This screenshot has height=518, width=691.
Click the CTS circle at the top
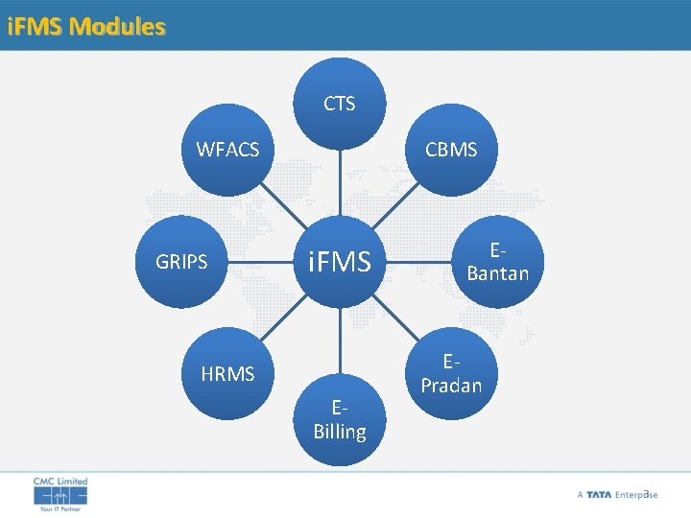click(x=339, y=104)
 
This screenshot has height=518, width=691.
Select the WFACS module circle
click(x=227, y=150)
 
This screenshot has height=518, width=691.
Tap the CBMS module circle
click(x=451, y=150)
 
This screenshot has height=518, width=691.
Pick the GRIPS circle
click(x=181, y=261)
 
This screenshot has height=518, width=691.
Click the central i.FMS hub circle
click(x=339, y=261)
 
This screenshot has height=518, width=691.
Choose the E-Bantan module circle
click(x=497, y=261)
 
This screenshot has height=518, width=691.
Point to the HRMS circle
click(x=227, y=373)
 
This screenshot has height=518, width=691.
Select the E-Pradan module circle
click(x=451, y=373)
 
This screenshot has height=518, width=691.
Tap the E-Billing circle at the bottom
click(x=339, y=419)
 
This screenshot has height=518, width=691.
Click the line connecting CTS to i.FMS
click(x=339, y=182)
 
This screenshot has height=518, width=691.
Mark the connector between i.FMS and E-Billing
click(x=339, y=340)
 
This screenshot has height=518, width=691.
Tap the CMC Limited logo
click(x=60, y=493)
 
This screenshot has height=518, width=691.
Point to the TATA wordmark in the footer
click(x=599, y=495)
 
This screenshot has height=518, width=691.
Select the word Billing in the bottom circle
click(x=339, y=432)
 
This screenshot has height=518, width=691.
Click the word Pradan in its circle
click(x=451, y=385)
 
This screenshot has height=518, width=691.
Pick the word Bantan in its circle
click(x=497, y=273)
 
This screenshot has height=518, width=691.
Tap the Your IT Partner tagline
click(x=60, y=509)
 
